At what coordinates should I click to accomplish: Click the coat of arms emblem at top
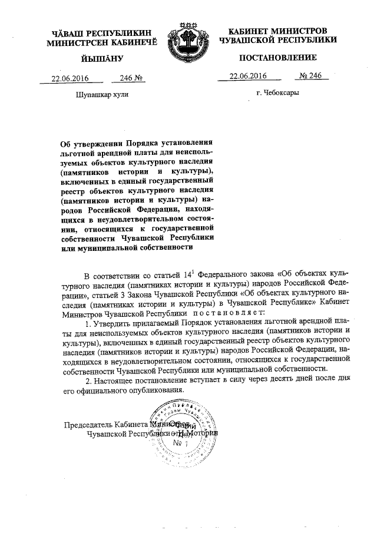(188, 43)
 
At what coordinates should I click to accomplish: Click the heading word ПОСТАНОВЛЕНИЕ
(278, 58)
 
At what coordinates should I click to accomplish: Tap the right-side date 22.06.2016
(249, 76)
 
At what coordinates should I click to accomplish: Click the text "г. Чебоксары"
(277, 93)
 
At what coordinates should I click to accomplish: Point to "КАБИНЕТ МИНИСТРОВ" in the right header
(277, 30)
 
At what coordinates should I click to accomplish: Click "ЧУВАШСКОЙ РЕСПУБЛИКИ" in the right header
(278, 39)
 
